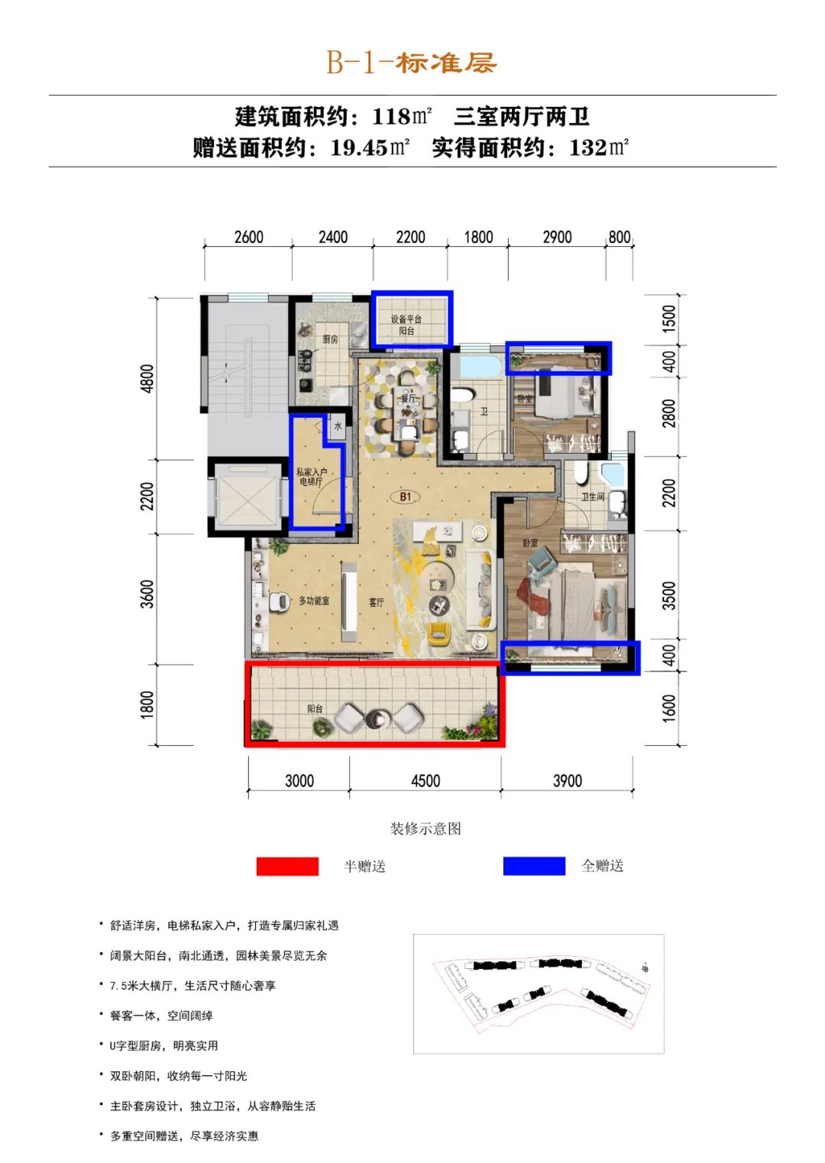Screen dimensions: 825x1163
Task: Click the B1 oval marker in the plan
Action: (x=406, y=497)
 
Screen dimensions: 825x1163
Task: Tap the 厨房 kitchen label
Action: (x=330, y=339)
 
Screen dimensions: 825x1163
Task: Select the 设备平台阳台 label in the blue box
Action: (x=406, y=325)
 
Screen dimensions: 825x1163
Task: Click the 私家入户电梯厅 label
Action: (x=312, y=477)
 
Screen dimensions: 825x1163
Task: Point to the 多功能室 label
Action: (x=314, y=601)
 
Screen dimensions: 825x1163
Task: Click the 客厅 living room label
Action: (x=377, y=602)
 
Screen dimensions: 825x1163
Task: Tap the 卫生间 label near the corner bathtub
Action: (x=593, y=497)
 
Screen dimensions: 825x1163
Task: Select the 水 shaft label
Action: (x=338, y=426)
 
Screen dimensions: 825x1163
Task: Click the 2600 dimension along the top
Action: (x=249, y=238)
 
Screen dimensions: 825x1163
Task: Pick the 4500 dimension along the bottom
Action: (x=425, y=781)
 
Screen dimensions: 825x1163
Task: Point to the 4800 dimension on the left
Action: (x=147, y=378)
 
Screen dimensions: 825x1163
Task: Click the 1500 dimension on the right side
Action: (x=670, y=319)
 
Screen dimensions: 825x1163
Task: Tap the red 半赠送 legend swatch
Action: (x=287, y=866)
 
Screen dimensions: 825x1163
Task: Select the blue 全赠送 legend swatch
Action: (x=534, y=866)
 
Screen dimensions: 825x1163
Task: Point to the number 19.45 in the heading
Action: (x=359, y=148)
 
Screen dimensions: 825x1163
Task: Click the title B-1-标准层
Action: (x=412, y=63)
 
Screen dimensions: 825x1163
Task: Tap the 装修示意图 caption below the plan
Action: (x=425, y=828)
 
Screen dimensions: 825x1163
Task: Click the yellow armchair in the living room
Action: (x=438, y=634)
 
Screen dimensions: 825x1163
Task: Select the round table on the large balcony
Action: (x=377, y=719)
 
